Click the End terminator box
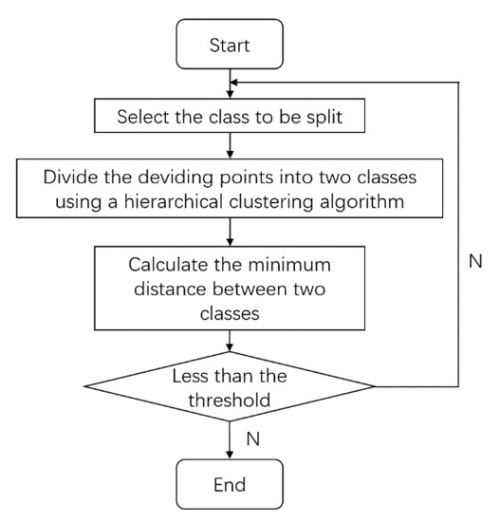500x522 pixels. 231,484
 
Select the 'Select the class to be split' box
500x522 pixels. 231,118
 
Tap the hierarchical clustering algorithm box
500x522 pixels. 231,190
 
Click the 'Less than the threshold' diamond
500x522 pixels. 231,385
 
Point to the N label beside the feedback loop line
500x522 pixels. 474,260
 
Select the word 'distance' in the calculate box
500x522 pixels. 195,288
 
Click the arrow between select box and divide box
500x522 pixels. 231,145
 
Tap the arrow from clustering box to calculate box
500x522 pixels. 231,233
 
